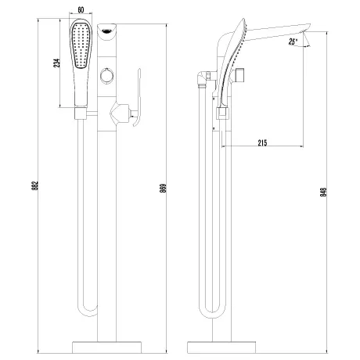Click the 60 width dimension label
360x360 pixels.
[x=81, y=10]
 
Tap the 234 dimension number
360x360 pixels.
[x=56, y=63]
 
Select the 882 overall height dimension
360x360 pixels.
[x=36, y=185]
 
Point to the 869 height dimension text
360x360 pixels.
[x=163, y=189]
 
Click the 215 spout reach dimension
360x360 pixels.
[x=262, y=142]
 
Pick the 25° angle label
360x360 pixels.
[x=293, y=41]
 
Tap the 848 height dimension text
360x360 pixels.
[x=323, y=192]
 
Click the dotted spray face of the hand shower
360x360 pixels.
[x=81, y=45]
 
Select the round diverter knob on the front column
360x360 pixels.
[x=106, y=75]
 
